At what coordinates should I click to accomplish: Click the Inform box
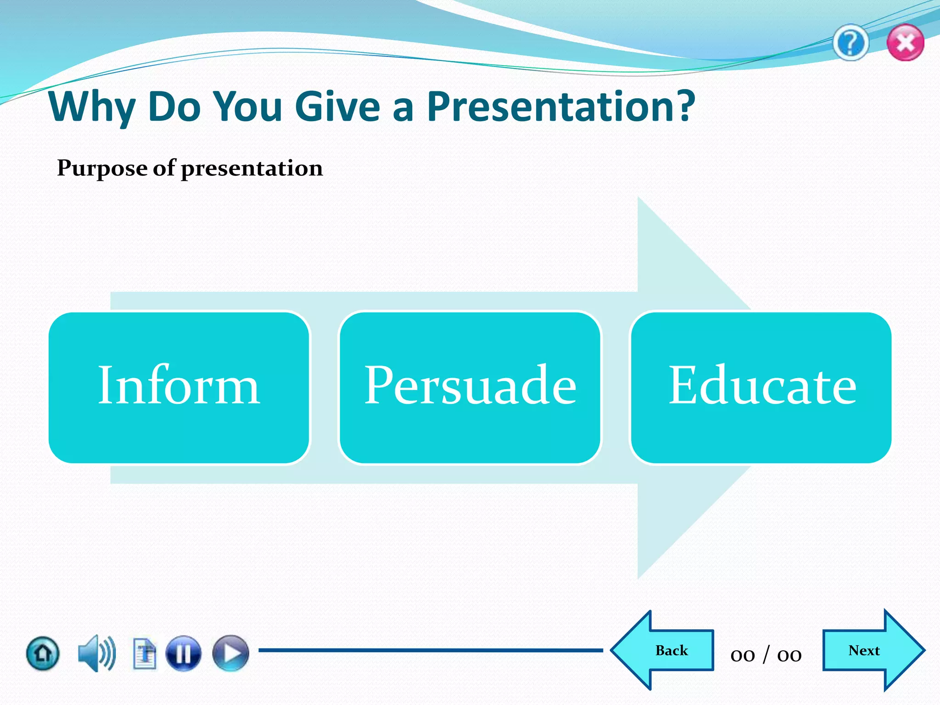pyautogui.click(x=179, y=387)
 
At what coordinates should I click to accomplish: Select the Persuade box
pyautogui.click(x=470, y=387)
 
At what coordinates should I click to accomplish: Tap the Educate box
pyautogui.click(x=761, y=387)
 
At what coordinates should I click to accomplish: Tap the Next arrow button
pyautogui.click(x=870, y=650)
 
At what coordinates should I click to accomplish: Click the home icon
pyautogui.click(x=43, y=653)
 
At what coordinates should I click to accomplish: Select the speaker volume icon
pyautogui.click(x=96, y=653)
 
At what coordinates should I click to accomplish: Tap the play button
pyautogui.click(x=230, y=653)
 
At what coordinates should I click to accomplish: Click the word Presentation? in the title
pyautogui.click(x=561, y=106)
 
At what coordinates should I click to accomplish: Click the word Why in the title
pyautogui.click(x=92, y=106)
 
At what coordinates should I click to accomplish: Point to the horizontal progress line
pyautogui.click(x=431, y=650)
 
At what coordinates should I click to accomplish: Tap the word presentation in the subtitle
pyautogui.click(x=252, y=168)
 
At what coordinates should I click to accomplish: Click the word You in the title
pyautogui.click(x=248, y=106)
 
